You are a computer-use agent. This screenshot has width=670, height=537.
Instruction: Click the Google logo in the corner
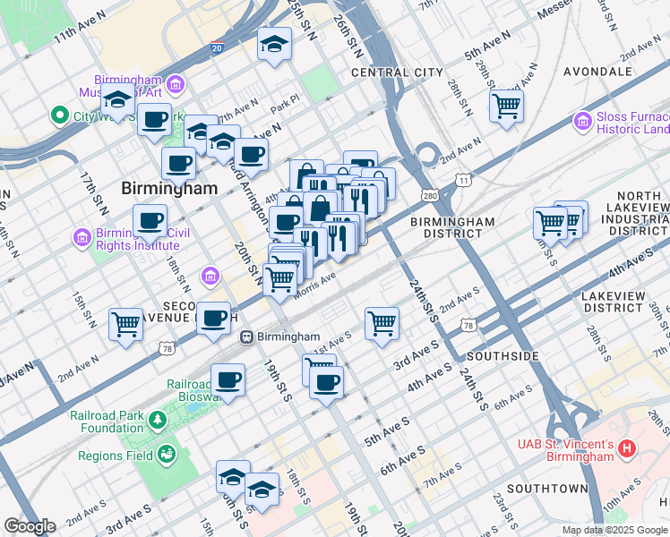click(x=30, y=526)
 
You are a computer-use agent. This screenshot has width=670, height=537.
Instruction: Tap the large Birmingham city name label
click(x=169, y=188)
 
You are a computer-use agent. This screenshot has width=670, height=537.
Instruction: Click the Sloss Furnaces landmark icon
click(x=583, y=120)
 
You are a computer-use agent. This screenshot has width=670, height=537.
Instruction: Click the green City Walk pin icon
click(x=60, y=115)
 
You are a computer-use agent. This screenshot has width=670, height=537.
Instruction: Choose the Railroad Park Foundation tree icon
click(x=158, y=420)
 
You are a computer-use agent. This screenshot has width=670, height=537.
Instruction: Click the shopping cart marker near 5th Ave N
click(x=506, y=106)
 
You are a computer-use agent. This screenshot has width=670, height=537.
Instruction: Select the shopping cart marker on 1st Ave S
click(x=382, y=322)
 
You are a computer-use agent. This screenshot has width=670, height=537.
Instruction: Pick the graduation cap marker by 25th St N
click(x=275, y=44)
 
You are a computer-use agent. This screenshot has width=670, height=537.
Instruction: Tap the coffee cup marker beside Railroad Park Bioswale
click(x=228, y=379)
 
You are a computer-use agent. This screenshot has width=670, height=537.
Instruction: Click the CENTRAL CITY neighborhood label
click(x=397, y=72)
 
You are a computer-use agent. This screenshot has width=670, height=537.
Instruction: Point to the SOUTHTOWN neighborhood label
click(x=546, y=489)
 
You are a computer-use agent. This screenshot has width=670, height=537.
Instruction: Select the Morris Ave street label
click(x=315, y=284)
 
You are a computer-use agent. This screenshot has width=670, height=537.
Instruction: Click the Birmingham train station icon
click(x=246, y=337)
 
